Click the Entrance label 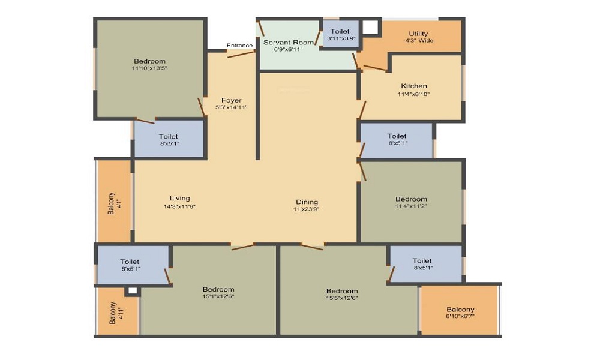(239, 46)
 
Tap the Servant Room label (288, 43)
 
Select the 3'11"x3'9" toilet (340, 34)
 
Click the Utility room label (418, 34)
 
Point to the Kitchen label (413, 86)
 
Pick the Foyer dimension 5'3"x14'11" (232, 107)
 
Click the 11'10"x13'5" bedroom (149, 69)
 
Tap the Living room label (180, 198)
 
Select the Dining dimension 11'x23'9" (307, 209)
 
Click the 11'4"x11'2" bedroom (412, 202)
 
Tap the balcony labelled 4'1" (115, 201)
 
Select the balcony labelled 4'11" (118, 312)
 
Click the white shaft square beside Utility (370, 27)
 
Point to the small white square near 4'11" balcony (133, 291)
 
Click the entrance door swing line (241, 54)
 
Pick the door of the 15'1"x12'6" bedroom (242, 247)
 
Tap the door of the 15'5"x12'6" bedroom (312, 247)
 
